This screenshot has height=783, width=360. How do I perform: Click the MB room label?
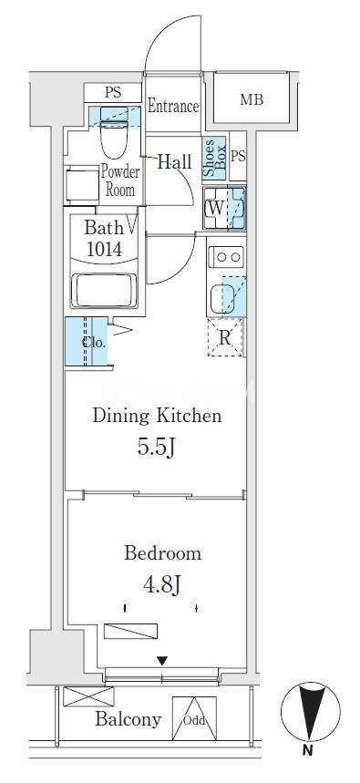pos(252,99)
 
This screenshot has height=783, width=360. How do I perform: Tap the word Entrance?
pos(173,107)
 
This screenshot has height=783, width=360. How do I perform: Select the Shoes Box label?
pos(215,159)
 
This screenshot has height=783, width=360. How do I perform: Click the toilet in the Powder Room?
pos(114,132)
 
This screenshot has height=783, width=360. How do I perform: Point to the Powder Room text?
pos(120,180)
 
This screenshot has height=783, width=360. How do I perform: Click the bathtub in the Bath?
pos(104,290)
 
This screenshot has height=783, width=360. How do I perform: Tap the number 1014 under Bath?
pos(104,248)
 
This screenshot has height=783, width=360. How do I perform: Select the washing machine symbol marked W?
pos(216,208)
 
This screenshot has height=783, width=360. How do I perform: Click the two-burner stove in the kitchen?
pos(226,257)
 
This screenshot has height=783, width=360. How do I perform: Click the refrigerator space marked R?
pos(225,337)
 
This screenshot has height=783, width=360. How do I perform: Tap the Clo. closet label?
pos(94,343)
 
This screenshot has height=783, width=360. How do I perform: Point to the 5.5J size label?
pos(156,447)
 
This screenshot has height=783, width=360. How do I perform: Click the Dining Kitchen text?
pos(157,416)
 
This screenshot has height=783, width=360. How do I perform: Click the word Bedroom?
pos(163,552)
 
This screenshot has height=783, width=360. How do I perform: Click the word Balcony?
pos(129,719)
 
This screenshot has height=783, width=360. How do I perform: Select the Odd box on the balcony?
pos(194,719)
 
